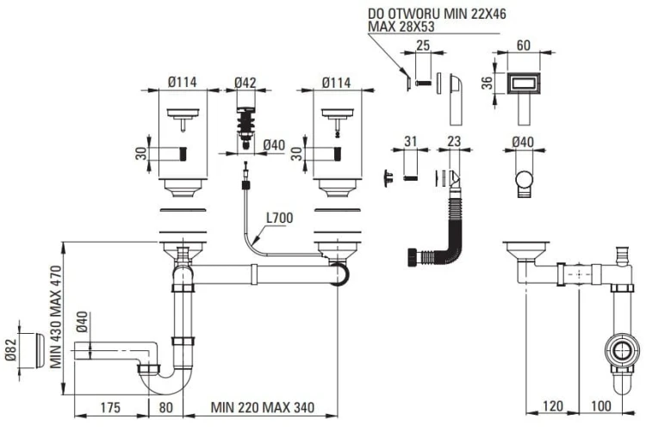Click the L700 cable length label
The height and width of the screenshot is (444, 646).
click(279, 218)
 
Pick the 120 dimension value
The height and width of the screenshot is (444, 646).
click(552, 407)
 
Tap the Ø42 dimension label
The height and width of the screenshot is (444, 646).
click(246, 83)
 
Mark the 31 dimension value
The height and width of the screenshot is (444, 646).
click(411, 141)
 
